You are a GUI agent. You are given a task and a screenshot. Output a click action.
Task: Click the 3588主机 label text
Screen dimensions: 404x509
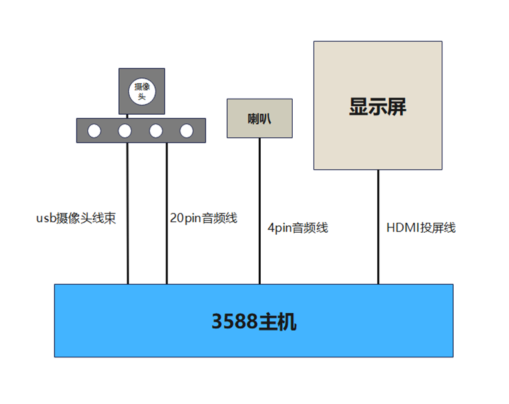click(x=254, y=322)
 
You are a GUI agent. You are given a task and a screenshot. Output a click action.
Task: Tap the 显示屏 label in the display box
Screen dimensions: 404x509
click(x=377, y=107)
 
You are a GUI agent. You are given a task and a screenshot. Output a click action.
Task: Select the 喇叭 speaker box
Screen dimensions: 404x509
click(x=259, y=119)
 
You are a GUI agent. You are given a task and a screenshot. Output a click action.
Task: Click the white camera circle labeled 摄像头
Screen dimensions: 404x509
click(x=142, y=91)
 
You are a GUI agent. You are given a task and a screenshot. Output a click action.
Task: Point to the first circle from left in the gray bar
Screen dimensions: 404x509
click(x=94, y=131)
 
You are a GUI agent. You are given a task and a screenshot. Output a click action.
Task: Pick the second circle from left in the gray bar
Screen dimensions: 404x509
click(x=125, y=131)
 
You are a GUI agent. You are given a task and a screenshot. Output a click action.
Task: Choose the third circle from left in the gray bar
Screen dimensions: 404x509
click(x=156, y=131)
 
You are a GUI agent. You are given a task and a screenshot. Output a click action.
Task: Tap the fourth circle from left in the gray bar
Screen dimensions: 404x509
click(x=186, y=131)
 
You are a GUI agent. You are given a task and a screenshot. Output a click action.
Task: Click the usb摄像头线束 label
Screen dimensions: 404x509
click(x=76, y=218)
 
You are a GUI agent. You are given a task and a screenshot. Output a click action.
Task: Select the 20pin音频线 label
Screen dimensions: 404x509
click(x=204, y=218)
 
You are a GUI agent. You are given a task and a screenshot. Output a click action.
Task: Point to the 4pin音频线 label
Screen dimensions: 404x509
click(x=298, y=228)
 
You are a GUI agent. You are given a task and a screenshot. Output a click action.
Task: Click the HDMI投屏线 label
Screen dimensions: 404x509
click(x=421, y=228)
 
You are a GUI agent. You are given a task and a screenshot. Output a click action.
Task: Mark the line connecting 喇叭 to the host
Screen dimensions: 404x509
click(x=259, y=200)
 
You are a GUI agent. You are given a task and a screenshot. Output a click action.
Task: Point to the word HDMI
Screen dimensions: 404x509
click(x=400, y=228)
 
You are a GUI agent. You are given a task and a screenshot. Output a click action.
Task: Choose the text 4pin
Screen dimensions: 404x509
click(x=280, y=228)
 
